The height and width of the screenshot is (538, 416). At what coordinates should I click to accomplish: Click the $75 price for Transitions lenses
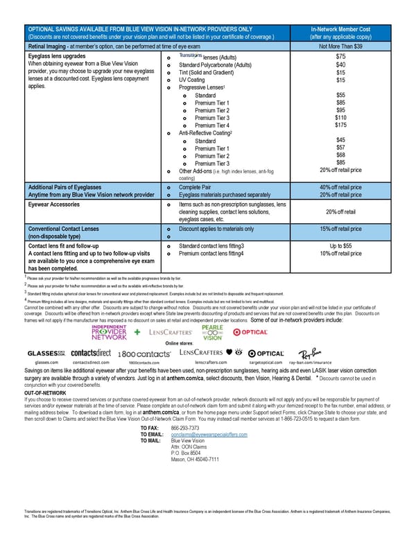(340, 56)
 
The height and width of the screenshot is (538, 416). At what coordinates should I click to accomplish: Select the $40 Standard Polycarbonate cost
(340, 64)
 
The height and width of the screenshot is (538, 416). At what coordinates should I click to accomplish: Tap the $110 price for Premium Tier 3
(340, 118)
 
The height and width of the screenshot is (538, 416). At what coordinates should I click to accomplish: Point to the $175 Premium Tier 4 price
(340, 125)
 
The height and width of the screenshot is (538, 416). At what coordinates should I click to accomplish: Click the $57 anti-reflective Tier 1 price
(340, 147)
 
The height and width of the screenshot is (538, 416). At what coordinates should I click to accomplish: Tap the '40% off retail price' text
(340, 187)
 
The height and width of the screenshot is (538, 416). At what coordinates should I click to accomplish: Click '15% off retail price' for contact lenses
(340, 229)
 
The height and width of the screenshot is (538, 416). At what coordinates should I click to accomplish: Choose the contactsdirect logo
(91, 353)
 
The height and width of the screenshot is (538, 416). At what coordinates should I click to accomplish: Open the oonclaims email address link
(209, 433)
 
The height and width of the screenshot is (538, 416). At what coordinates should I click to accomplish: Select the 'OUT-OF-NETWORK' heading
(46, 392)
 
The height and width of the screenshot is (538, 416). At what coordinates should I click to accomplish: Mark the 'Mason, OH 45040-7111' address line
(195, 459)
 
